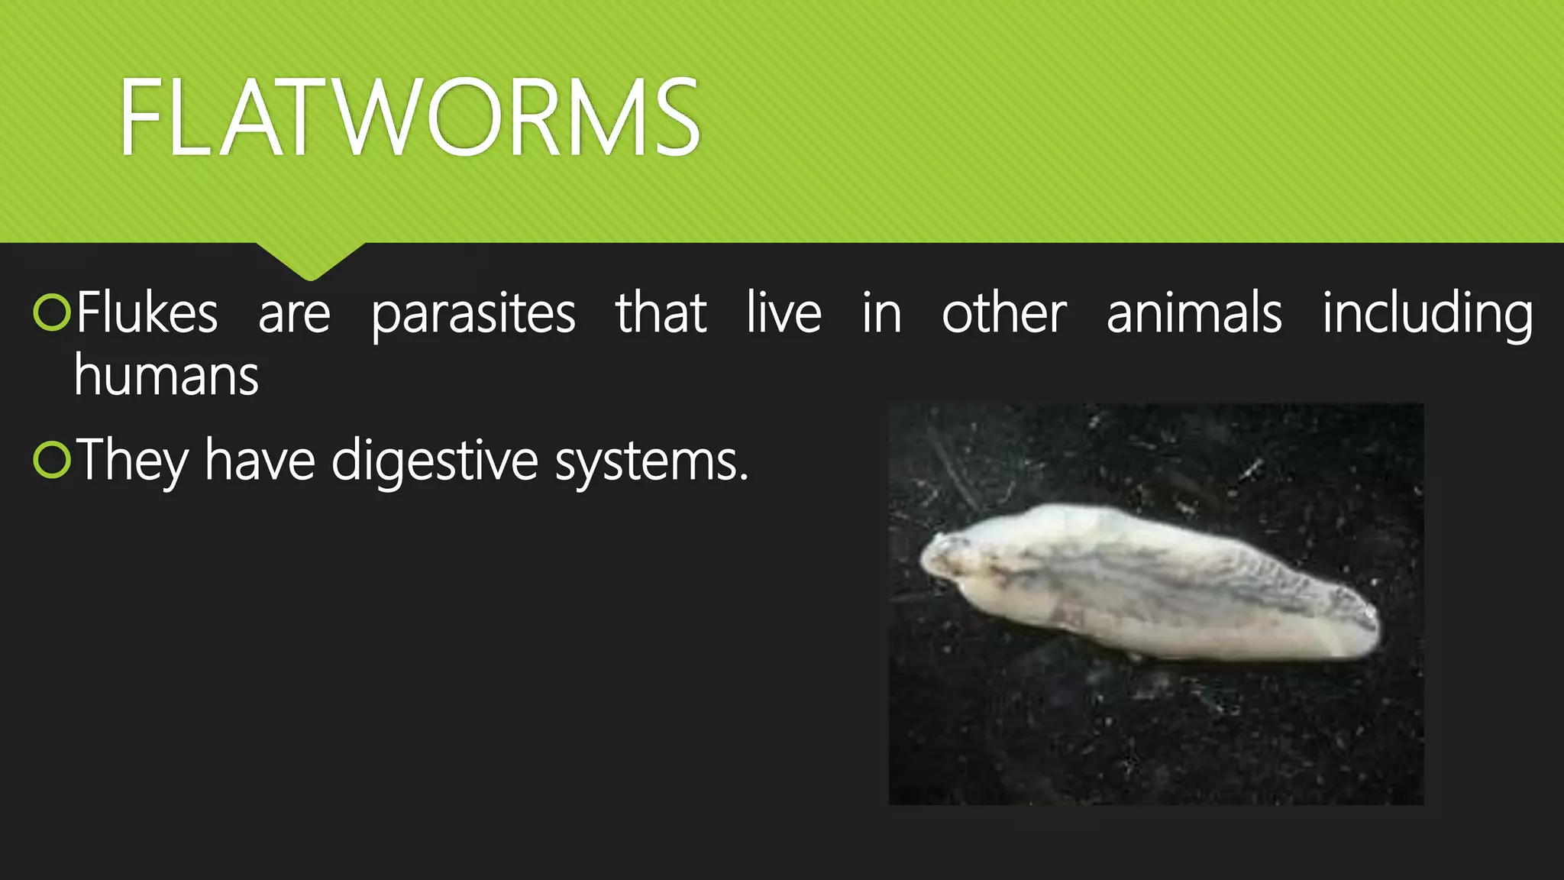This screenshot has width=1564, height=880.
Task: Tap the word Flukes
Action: pyautogui.click(x=147, y=313)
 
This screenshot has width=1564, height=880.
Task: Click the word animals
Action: pyautogui.click(x=1194, y=313)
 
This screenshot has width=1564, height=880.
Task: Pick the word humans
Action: pyautogui.click(x=166, y=376)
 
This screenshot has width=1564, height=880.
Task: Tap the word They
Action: pyautogui.click(x=132, y=461)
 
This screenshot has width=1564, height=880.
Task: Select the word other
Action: pyautogui.click(x=1003, y=313)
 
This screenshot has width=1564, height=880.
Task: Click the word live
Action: pyautogui.click(x=784, y=313)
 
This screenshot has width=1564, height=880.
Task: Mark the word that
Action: pyautogui.click(x=661, y=313)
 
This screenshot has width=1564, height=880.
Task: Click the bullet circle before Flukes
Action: pyautogui.click(x=52, y=313)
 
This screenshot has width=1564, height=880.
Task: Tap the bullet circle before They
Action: pyautogui.click(x=52, y=461)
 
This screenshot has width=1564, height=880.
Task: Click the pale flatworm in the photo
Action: pyautogui.click(x=1146, y=584)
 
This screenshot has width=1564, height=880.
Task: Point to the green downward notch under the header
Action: pyautogui.click(x=310, y=260)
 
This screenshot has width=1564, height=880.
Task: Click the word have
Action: pyautogui.click(x=260, y=461)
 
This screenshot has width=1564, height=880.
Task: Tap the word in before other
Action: pyautogui.click(x=881, y=313)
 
